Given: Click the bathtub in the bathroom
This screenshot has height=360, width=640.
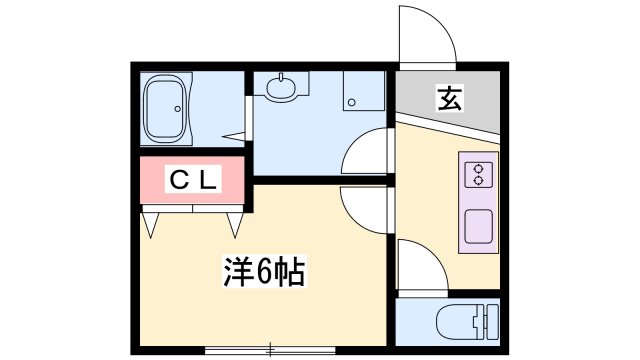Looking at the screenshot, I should pyautogui.click(x=167, y=111).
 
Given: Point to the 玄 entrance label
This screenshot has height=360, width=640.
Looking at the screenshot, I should pyautogui.click(x=449, y=99).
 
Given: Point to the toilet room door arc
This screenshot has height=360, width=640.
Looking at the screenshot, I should pyautogui.click(x=420, y=268).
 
